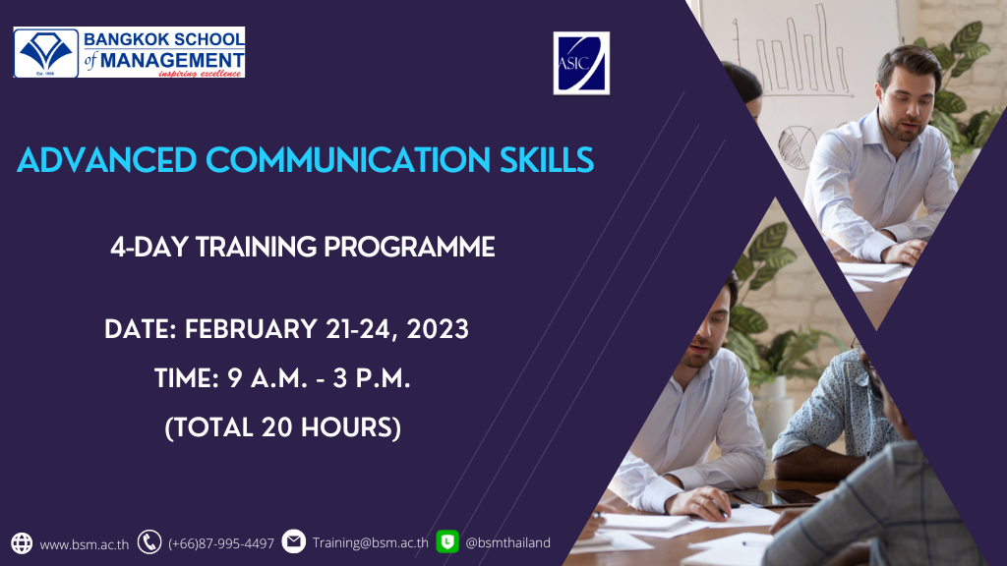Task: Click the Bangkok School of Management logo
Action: (x=129, y=52)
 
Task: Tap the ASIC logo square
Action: (x=581, y=63)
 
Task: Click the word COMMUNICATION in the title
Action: (x=347, y=160)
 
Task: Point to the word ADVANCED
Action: (x=106, y=160)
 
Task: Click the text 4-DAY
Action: (x=149, y=247)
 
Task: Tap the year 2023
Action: (x=438, y=329)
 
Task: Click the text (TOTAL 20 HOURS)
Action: (x=283, y=428)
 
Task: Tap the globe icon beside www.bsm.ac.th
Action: (x=22, y=542)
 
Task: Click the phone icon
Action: (x=149, y=542)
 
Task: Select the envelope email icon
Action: (x=293, y=541)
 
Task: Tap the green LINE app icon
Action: (x=447, y=541)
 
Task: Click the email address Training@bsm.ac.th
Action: (x=371, y=542)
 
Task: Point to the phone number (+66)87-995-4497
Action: (x=221, y=543)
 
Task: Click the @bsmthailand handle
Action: (x=507, y=542)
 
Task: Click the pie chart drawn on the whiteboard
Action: (x=797, y=147)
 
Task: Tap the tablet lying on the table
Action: (x=777, y=496)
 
